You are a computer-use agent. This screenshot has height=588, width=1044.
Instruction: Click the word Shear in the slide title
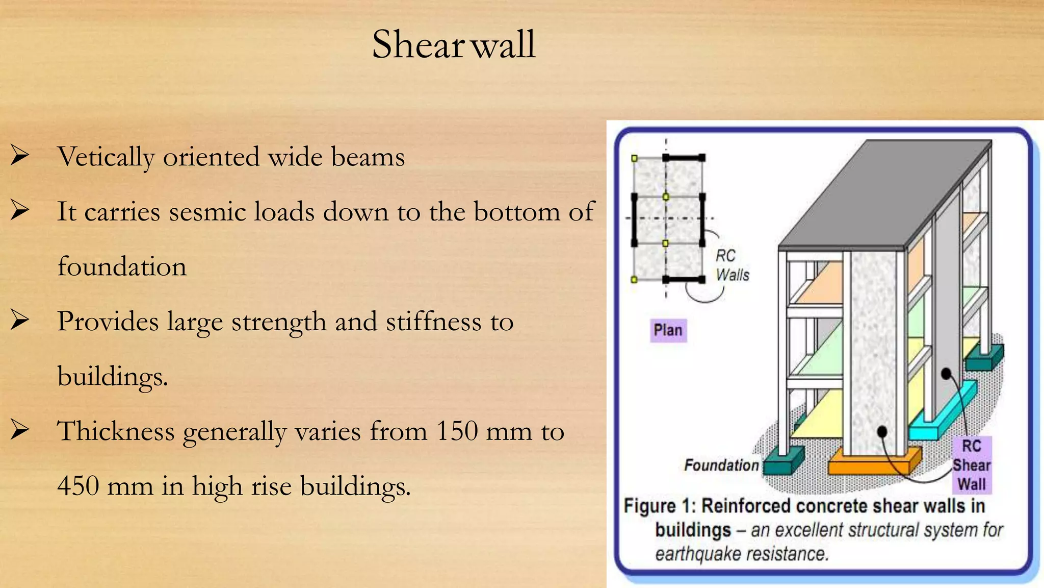tap(417, 44)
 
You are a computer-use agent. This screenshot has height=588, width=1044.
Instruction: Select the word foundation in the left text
tap(122, 266)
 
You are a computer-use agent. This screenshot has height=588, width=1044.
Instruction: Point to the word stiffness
tap(433, 322)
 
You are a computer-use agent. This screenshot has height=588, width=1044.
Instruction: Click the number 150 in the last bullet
tap(457, 431)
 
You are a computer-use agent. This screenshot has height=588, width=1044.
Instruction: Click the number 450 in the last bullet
tap(78, 485)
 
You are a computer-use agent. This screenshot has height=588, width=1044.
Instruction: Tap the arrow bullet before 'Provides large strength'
tap(19, 321)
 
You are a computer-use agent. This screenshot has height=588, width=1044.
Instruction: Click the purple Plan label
tap(668, 330)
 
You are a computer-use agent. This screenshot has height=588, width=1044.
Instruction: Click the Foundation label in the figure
tap(721, 465)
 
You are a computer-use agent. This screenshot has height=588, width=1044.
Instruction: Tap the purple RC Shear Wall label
tap(972, 465)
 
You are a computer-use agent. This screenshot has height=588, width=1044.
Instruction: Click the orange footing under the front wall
tap(867, 462)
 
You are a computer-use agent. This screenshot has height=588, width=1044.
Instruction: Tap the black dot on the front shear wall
tap(882, 432)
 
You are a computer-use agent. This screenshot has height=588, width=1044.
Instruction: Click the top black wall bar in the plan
tap(684, 158)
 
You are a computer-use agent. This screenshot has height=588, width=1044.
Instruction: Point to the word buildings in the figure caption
tap(693, 530)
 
